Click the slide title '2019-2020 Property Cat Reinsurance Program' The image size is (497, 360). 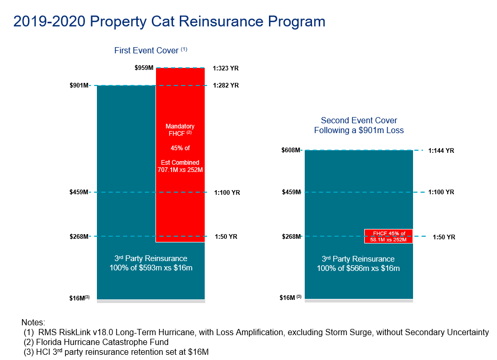(169, 21)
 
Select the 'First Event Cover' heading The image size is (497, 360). (147, 51)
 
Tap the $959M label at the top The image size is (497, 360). (144, 68)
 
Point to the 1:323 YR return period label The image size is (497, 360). (226, 68)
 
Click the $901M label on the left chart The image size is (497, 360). (79, 85)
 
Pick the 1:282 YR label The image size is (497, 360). (226, 85)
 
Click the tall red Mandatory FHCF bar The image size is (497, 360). (180, 197)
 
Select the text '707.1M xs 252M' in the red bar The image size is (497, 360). (180, 169)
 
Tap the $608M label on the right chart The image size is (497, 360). (291, 150)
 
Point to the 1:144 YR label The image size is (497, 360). (441, 151)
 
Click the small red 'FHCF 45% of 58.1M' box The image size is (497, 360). (388, 236)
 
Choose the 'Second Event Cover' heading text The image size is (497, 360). (359, 121)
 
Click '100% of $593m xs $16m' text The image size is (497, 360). (150, 268)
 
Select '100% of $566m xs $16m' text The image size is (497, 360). (358, 268)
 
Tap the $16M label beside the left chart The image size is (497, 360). (79, 298)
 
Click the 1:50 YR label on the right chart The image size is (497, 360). (444, 237)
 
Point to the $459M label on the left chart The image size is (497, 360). (79, 192)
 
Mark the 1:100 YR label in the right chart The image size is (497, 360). (441, 192)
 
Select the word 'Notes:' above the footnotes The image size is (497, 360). (34, 322)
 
